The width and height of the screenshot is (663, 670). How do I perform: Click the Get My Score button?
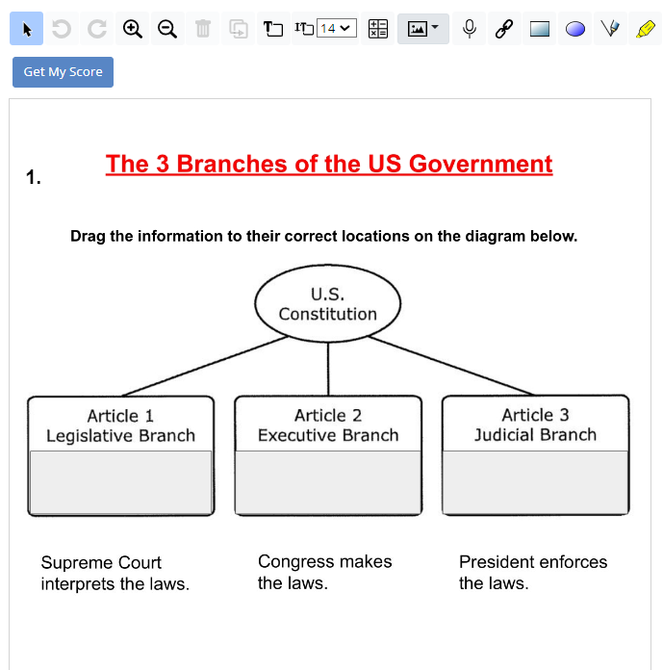[63, 72]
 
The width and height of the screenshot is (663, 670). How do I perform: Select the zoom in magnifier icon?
[133, 29]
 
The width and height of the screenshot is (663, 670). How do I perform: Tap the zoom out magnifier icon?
[167, 29]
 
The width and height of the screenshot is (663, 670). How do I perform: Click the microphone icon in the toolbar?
[470, 29]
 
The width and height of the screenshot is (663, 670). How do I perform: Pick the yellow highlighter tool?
[645, 29]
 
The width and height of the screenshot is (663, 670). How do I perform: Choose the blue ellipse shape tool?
[575, 29]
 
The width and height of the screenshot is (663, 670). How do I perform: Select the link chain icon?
[503, 29]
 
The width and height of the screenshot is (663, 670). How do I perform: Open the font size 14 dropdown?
[337, 29]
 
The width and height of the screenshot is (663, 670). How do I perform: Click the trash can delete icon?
[203, 29]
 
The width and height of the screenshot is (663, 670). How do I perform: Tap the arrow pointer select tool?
[27, 29]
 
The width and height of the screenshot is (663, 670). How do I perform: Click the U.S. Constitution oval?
[328, 304]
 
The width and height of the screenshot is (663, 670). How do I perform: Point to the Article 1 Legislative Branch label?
[120, 425]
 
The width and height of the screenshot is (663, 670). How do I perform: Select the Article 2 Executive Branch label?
[328, 425]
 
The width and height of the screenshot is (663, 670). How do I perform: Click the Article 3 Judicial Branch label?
[535, 425]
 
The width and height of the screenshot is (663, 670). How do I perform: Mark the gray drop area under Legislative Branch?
[120, 482]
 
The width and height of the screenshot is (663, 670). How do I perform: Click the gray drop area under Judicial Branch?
[535, 482]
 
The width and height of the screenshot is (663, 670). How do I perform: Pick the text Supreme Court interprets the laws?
[115, 573]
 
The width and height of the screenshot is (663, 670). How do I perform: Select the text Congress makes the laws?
[324, 572]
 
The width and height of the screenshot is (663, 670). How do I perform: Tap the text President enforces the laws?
[532, 572]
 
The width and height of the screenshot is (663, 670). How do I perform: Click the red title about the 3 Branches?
[329, 164]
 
